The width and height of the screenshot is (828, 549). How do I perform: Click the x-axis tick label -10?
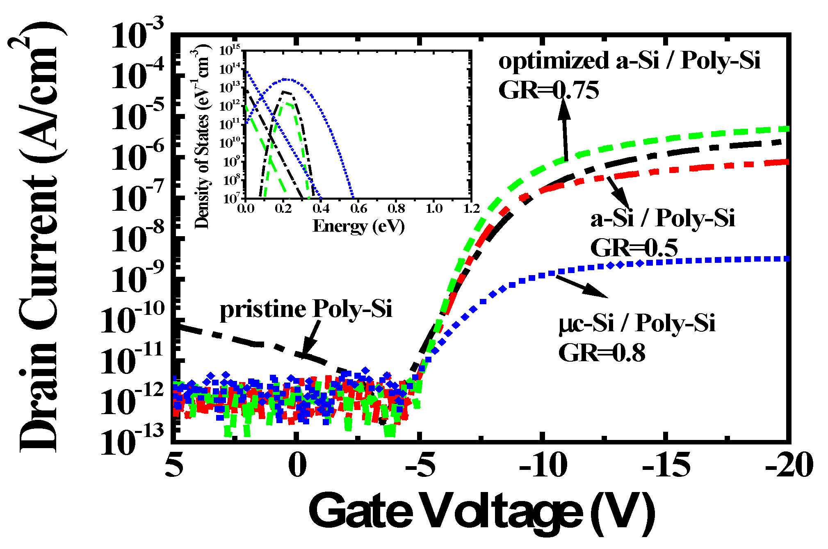pyautogui.click(x=543, y=466)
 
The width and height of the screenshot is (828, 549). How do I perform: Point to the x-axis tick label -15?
pyautogui.click(x=666, y=466)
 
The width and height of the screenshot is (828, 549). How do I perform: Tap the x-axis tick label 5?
pyautogui.click(x=174, y=466)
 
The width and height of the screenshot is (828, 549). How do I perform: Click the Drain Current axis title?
pyautogui.click(x=39, y=238)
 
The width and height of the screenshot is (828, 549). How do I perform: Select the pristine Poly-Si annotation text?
pyautogui.click(x=306, y=310)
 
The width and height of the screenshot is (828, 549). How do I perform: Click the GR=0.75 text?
pyautogui.click(x=548, y=90)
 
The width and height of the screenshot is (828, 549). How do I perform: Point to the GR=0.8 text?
pyautogui.click(x=602, y=353)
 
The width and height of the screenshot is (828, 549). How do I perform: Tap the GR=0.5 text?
pyautogui.click(x=634, y=248)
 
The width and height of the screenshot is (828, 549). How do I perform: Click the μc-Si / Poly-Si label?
pyautogui.click(x=636, y=324)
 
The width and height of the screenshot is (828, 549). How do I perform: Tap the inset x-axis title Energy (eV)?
pyautogui.click(x=358, y=226)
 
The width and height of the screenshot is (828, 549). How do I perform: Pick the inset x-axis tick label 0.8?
pyautogui.click(x=396, y=209)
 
